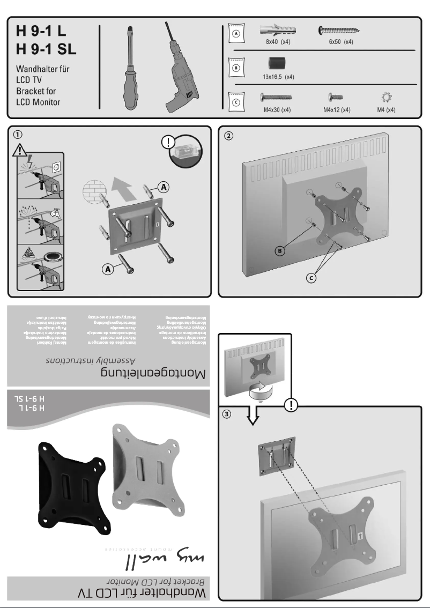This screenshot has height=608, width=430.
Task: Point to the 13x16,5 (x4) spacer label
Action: [x=278, y=77]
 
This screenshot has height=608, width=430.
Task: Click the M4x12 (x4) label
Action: [x=336, y=109]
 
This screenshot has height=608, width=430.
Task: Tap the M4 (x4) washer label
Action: [x=386, y=109]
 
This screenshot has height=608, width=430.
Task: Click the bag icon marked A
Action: [x=235, y=33]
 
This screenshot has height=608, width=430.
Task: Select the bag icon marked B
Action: [x=235, y=68]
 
